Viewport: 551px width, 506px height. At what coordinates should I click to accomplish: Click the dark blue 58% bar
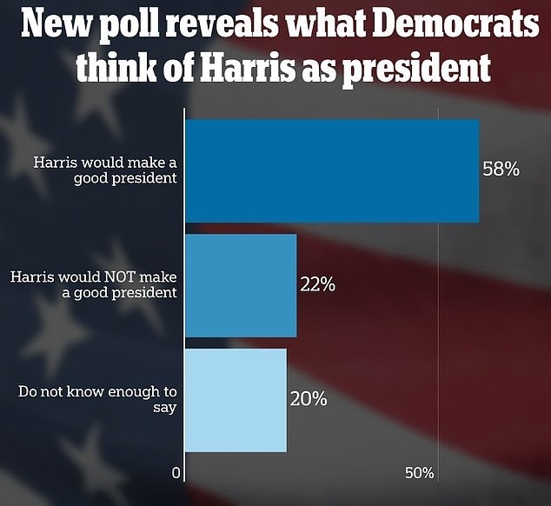(330, 170)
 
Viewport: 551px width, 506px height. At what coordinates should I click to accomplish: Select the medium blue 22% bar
(241, 285)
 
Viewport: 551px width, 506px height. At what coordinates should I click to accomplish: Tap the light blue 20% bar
(235, 400)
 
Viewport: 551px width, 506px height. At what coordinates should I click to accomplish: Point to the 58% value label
(501, 170)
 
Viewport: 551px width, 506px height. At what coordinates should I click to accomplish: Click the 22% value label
(318, 283)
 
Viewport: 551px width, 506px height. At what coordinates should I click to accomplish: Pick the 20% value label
(308, 399)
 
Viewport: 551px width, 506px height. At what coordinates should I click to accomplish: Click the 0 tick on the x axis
(176, 474)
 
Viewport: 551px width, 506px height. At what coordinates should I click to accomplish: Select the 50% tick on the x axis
(420, 474)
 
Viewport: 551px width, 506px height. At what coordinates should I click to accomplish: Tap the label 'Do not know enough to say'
(97, 398)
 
